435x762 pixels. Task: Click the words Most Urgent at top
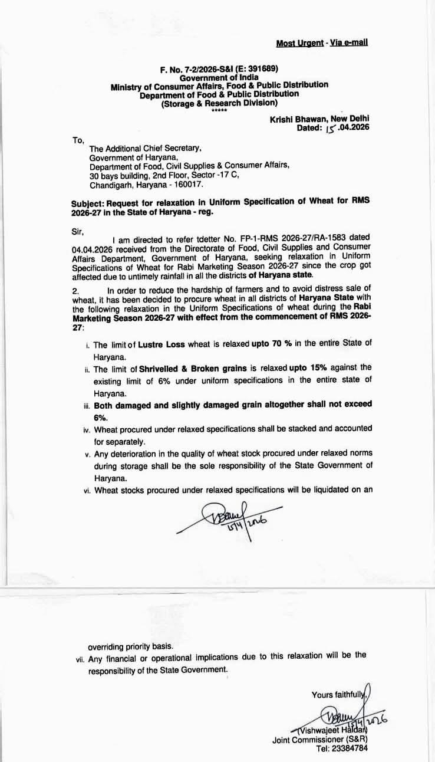[x=299, y=43]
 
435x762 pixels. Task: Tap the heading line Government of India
[x=219, y=77]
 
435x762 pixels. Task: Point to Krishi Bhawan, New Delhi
[x=319, y=119]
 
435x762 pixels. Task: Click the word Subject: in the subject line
[x=88, y=202]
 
